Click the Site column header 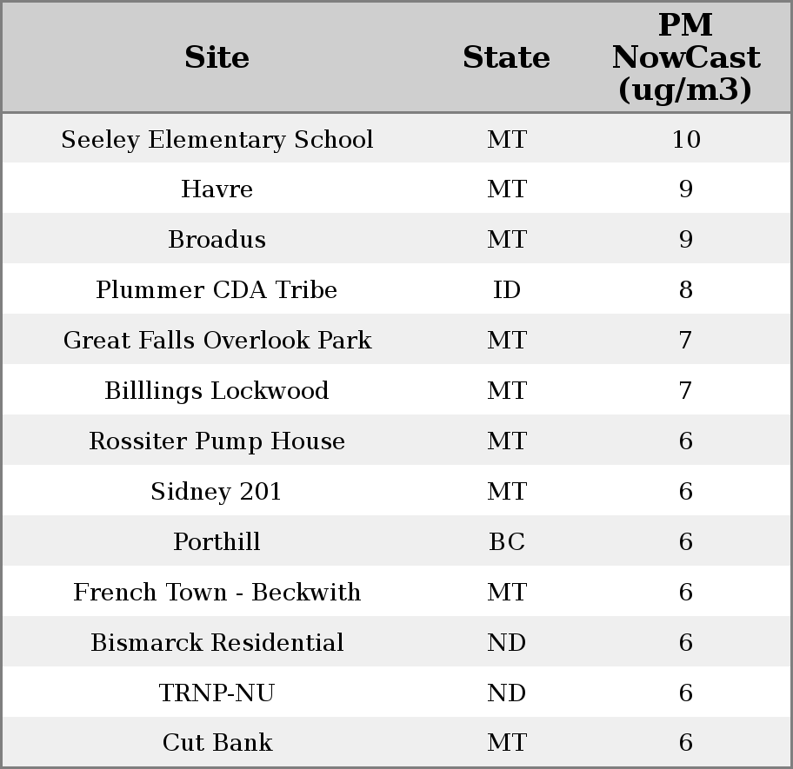(x=217, y=57)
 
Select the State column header (x=506, y=57)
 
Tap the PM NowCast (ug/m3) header (x=685, y=57)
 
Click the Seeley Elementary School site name (x=217, y=140)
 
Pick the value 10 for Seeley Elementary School (x=685, y=140)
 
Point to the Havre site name (x=217, y=189)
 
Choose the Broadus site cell (x=217, y=240)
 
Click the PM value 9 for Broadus (x=685, y=240)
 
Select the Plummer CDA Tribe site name (x=217, y=290)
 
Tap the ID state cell (x=506, y=290)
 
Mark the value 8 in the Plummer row (x=685, y=290)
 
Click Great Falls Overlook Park (x=217, y=341)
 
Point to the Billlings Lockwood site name (x=217, y=391)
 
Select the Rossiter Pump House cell (x=217, y=441)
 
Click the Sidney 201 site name (x=217, y=492)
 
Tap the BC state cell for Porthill (x=506, y=542)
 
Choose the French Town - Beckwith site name (x=217, y=593)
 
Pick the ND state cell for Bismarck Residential (x=506, y=643)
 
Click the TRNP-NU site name (x=217, y=693)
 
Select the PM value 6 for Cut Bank (x=685, y=743)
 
